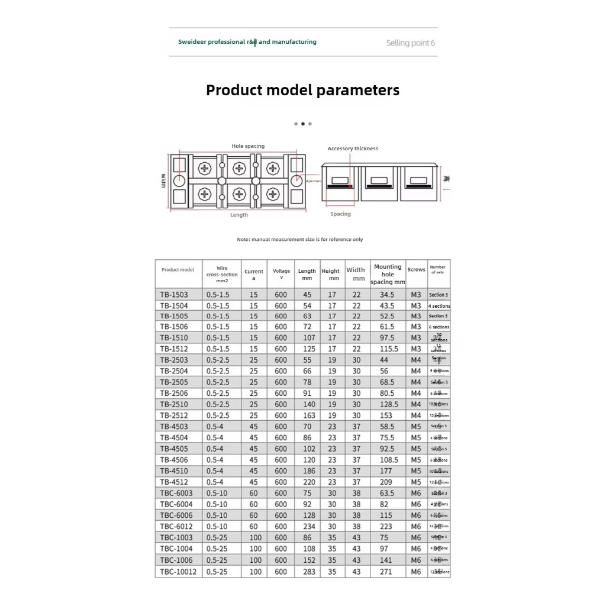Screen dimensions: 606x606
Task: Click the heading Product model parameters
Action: pyautogui.click(x=302, y=91)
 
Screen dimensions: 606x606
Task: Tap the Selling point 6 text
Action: pyautogui.click(x=411, y=43)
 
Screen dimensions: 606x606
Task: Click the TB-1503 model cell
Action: pyautogui.click(x=174, y=295)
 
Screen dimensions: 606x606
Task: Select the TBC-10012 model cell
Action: pyautogui.click(x=178, y=572)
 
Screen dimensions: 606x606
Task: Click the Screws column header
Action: pyautogui.click(x=416, y=270)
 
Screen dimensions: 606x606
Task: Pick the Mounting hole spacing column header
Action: pyautogui.click(x=388, y=275)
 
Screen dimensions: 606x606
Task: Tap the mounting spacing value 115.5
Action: pyautogui.click(x=387, y=349)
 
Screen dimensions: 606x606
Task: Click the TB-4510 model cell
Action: pyautogui.click(x=174, y=471)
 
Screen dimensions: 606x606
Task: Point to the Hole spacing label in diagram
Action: pyautogui.click(x=248, y=146)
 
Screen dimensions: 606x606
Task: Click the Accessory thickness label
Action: pyautogui.click(x=353, y=149)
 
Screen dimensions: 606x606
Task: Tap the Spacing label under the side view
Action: pyautogui.click(x=340, y=214)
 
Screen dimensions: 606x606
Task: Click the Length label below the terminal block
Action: pyautogui.click(x=239, y=215)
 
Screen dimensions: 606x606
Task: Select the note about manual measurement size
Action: pyautogui.click(x=300, y=240)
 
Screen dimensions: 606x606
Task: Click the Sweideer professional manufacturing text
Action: pyautogui.click(x=247, y=42)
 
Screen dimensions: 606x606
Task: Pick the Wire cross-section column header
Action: pyautogui.click(x=222, y=275)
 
